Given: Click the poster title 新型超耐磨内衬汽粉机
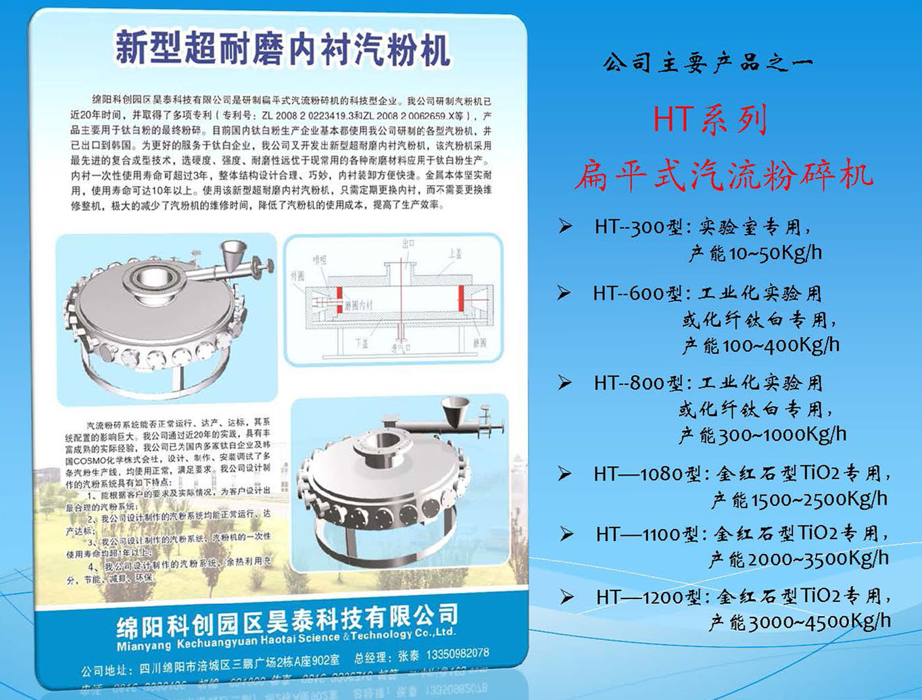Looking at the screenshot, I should [283, 49].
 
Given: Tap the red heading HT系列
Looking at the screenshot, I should [710, 120].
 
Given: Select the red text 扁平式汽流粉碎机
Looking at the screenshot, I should [724, 174].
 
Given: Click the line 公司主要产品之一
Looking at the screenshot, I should [707, 64].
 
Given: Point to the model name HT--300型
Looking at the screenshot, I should [639, 227].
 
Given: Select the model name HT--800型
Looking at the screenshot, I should [639, 383].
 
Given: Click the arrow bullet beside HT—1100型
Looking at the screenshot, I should [566, 535].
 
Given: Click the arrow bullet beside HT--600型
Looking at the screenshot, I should [564, 293].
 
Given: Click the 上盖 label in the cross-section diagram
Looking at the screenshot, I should [456, 254].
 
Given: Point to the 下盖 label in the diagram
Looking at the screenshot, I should [362, 342].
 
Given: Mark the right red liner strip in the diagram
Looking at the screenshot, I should [461, 298].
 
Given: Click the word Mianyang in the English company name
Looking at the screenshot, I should [144, 646].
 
